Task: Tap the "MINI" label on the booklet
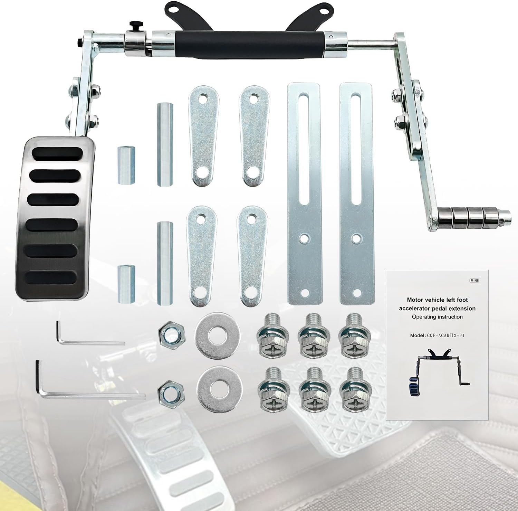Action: [474, 281]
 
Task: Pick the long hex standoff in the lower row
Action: [164, 263]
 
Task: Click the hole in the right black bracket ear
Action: [323, 10]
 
